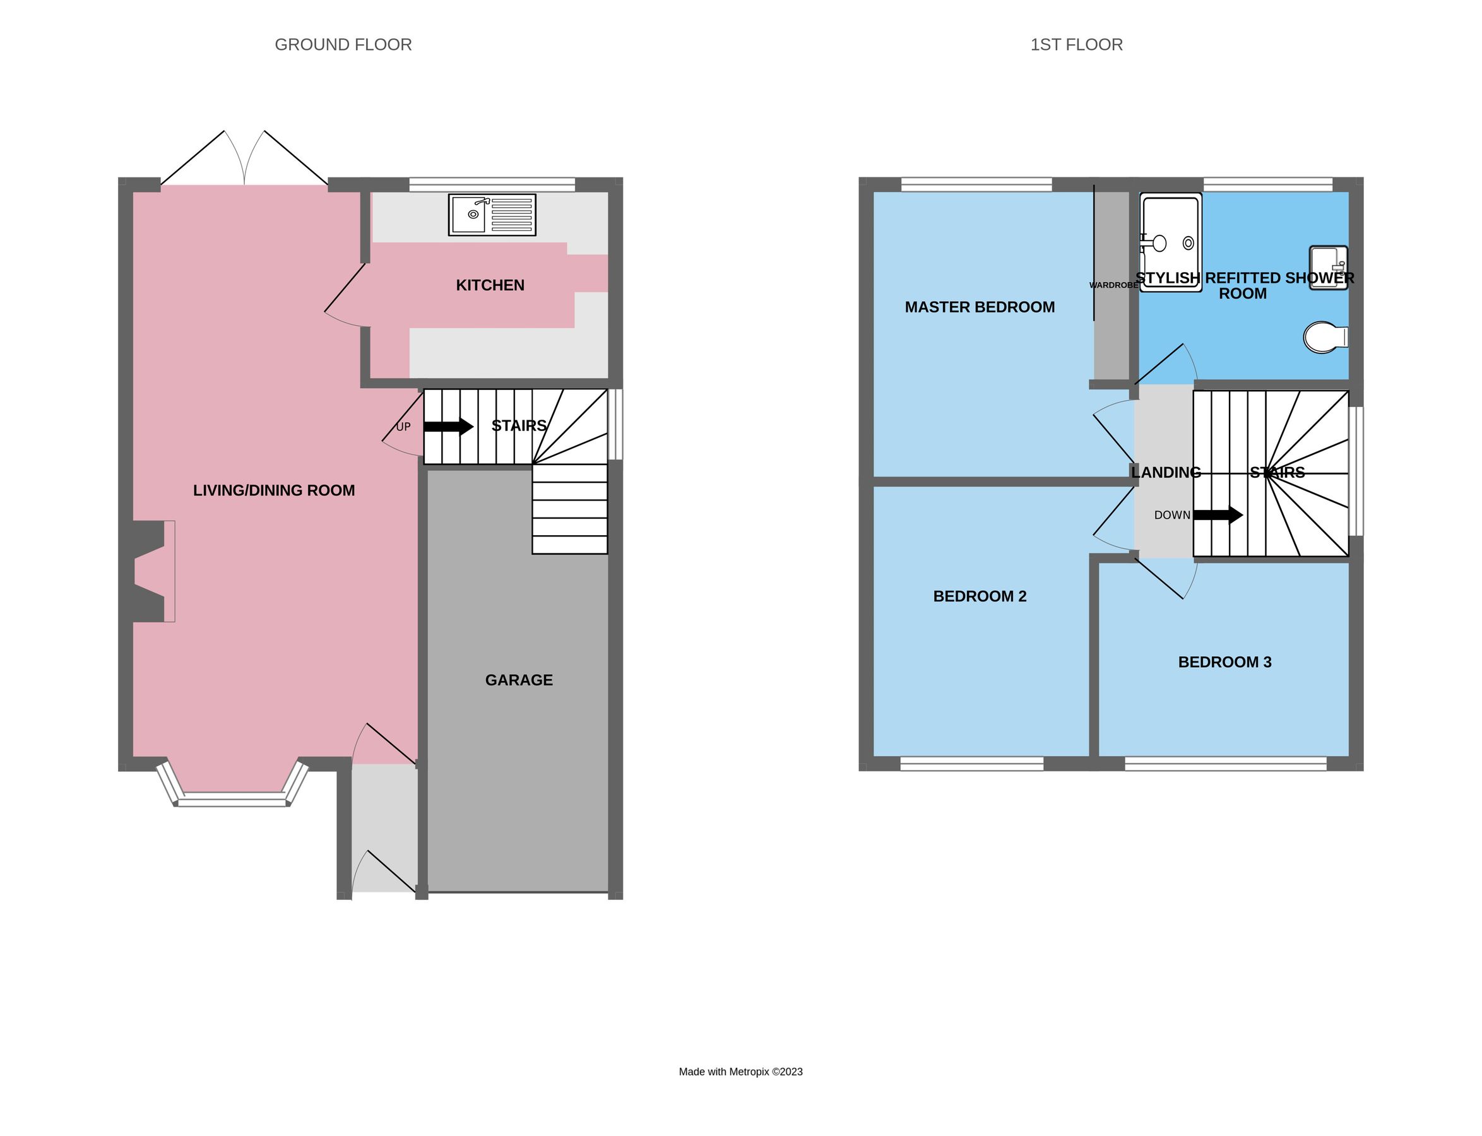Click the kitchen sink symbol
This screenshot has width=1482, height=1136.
coord(492,215)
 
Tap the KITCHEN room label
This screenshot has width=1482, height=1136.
coord(490,285)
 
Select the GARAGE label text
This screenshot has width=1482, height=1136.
coord(519,680)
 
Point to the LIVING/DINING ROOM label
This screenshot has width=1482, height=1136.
coord(274,490)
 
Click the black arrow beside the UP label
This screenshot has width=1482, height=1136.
coord(448,427)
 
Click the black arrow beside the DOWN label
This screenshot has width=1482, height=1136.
coord(1218,515)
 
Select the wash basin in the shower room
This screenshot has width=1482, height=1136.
coord(1328,267)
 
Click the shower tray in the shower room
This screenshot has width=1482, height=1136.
coord(1170,242)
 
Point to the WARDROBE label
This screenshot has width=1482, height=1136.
coord(1113,285)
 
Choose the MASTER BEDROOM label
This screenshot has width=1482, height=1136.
coord(979,307)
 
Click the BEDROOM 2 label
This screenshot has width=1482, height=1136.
coord(979,596)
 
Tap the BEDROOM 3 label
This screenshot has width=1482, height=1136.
coord(1224,662)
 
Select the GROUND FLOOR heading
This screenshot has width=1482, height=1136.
coord(343,45)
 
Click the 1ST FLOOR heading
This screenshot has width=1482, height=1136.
coord(1076,45)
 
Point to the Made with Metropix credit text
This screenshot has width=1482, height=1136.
coord(740,1072)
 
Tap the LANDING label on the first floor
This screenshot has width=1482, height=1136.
coord(1166,473)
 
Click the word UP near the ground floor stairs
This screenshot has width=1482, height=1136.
coord(403,427)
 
